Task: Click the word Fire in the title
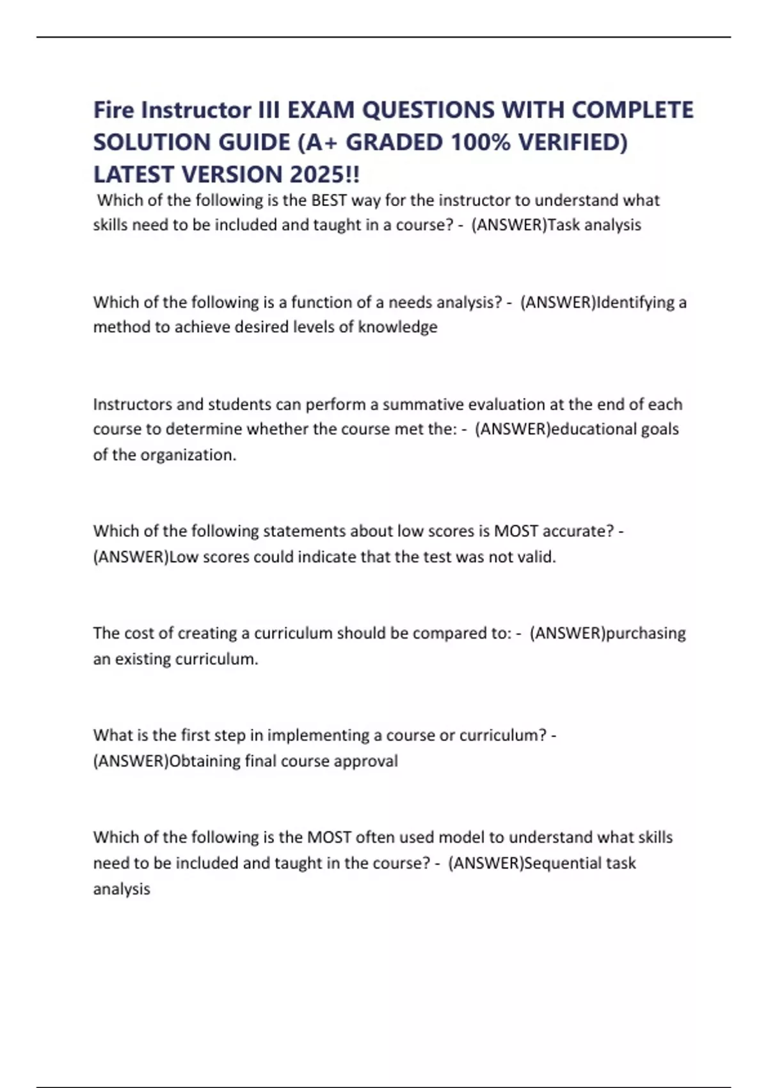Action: (114, 110)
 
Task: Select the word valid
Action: (536, 557)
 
